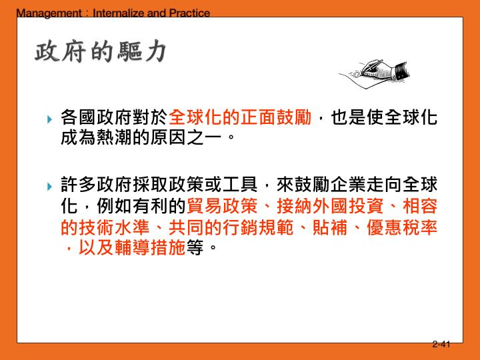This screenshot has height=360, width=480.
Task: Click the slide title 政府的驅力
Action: (99, 51)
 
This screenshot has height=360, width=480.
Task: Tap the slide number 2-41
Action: (441, 345)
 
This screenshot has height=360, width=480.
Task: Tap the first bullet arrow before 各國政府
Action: (50, 121)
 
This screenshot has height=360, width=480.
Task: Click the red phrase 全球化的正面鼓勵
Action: (240, 119)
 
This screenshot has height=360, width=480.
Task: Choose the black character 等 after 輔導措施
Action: (195, 249)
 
